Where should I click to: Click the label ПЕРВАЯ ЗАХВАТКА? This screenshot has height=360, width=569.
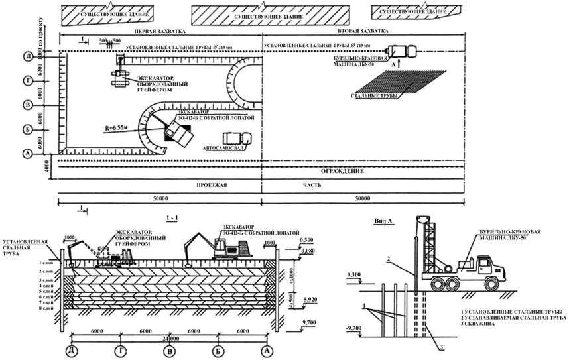pyautogui.click(x=159, y=31)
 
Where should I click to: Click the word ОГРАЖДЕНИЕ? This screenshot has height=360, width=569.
pyautogui.click(x=344, y=172)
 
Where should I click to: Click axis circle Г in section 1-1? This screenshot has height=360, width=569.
pyautogui.click(x=121, y=349)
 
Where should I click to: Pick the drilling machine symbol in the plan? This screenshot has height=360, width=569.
pyautogui.click(x=401, y=51)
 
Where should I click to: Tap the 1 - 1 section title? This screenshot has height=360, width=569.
pyautogui.click(x=171, y=216)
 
